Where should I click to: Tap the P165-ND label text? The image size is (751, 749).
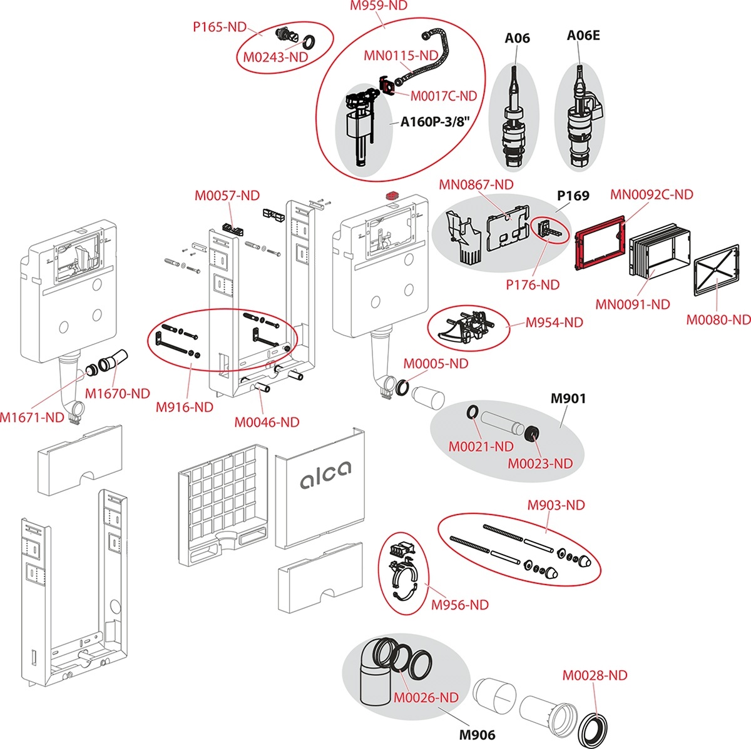pos(218,28)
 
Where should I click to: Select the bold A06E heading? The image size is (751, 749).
pos(583,36)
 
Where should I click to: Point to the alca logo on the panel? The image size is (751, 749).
pos(325,478)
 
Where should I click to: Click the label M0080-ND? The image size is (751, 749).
pos(718,319)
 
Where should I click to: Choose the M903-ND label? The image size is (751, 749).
pos(556,505)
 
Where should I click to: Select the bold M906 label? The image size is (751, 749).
pos(477,735)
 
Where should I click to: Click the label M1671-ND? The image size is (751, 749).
pos(32,417)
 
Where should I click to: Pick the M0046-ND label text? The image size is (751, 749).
pos(267,423)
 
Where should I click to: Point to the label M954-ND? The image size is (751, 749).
pos(554,323)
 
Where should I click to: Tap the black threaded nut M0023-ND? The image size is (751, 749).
pos(533,433)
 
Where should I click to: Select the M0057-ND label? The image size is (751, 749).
pos(227,196)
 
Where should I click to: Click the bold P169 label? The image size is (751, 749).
pos(573,196)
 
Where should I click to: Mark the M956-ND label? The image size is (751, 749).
pos(460,605)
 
